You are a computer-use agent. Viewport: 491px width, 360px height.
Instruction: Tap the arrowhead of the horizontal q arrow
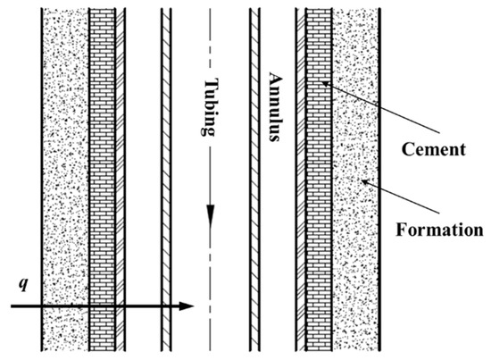(x=187, y=306)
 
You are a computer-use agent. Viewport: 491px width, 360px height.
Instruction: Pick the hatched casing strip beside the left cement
(x=121, y=179)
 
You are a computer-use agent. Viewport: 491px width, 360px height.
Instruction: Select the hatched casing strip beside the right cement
(x=301, y=179)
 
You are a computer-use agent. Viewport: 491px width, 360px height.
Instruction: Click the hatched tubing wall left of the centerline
(x=165, y=179)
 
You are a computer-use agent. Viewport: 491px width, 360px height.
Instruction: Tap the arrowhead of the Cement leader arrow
(x=323, y=82)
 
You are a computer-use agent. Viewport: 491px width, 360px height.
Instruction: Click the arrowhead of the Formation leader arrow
(x=360, y=182)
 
